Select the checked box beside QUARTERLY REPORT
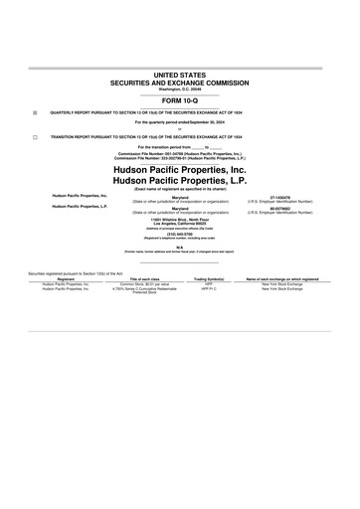coord(36,113)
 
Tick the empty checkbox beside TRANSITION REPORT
coord(36,135)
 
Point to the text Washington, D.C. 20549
coord(180,90)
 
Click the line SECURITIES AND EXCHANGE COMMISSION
coord(180,83)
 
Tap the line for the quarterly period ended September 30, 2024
coord(180,122)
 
